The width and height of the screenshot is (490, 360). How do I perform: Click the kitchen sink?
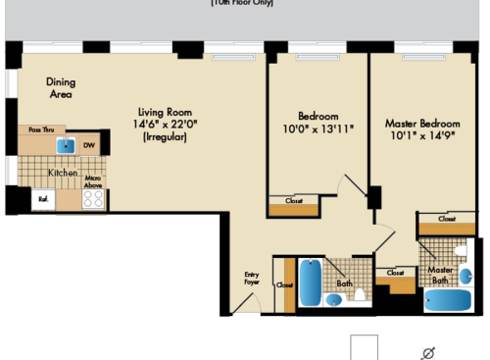click(x=65, y=147)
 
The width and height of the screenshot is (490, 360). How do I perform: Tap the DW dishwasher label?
click(x=89, y=146)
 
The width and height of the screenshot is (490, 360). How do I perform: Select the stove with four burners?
click(x=93, y=198)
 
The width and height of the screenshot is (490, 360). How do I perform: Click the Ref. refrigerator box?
click(x=44, y=198)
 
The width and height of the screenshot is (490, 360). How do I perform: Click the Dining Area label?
click(x=62, y=88)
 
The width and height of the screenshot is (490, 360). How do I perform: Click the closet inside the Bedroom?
click(x=294, y=205)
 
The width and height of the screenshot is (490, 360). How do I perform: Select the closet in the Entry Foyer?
click(x=285, y=284)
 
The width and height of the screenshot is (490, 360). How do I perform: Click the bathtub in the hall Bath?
click(x=311, y=283)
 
